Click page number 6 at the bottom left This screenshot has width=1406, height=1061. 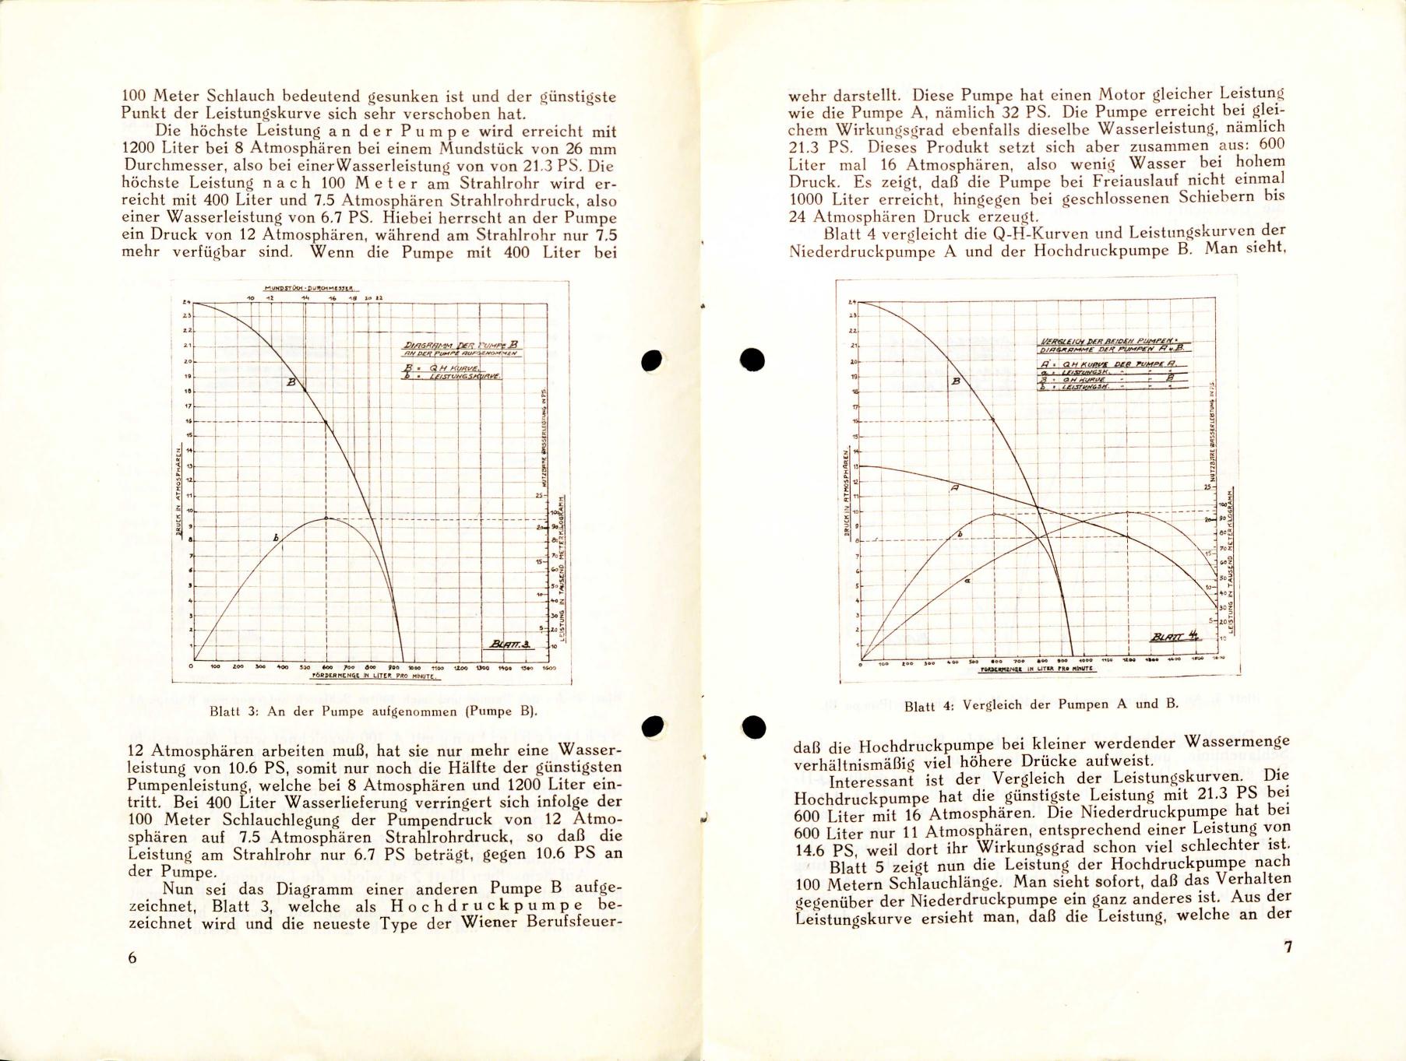[x=132, y=958]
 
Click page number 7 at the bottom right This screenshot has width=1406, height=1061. [x=1288, y=947]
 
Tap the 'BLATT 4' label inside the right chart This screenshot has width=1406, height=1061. [x=1174, y=638]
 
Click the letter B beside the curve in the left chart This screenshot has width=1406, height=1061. [x=291, y=382]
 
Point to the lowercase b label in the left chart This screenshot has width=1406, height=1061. [x=275, y=538]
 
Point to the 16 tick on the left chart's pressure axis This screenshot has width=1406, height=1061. [x=187, y=421]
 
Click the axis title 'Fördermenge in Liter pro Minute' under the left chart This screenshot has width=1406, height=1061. [x=365, y=676]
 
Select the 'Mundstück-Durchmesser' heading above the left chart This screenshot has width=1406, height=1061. [x=309, y=289]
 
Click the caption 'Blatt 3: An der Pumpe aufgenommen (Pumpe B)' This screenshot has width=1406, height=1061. [x=374, y=711]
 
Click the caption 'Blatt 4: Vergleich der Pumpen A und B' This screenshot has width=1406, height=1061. [x=1041, y=705]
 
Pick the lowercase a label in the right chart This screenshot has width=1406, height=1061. [x=967, y=581]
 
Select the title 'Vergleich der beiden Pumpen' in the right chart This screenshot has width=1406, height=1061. [x=1115, y=341]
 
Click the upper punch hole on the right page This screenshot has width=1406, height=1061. [x=752, y=359]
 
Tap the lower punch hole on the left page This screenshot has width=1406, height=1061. [x=652, y=725]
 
